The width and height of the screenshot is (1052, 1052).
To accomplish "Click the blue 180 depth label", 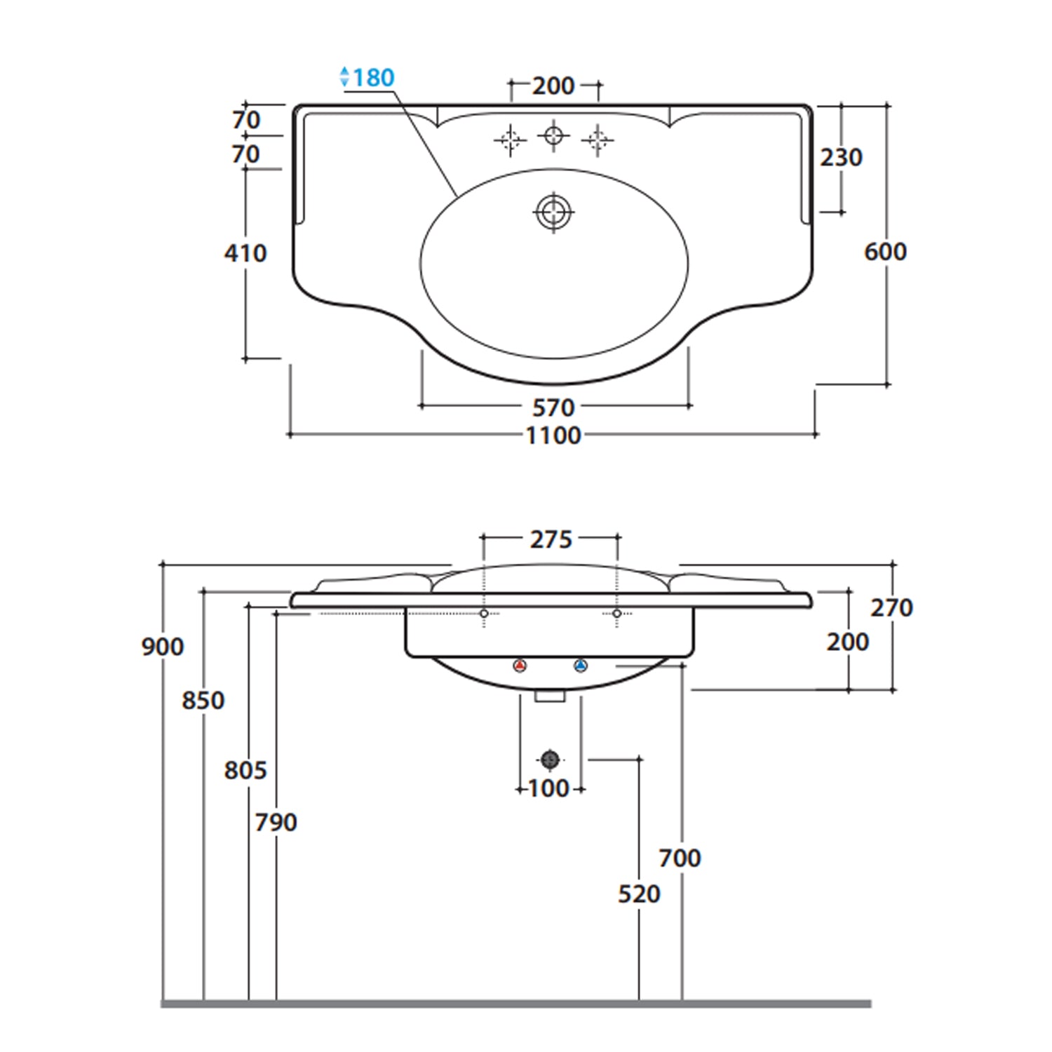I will click(x=372, y=77).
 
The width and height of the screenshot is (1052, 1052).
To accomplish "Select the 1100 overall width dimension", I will click(x=553, y=436).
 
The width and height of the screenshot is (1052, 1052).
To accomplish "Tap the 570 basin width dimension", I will click(x=553, y=407).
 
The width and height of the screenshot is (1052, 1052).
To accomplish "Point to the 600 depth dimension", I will click(x=885, y=251).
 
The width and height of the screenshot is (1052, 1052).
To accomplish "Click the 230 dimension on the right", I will click(x=841, y=157).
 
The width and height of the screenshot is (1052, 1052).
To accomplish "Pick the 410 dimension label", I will click(x=245, y=252).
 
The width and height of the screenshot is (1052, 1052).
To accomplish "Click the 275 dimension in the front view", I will click(x=551, y=539).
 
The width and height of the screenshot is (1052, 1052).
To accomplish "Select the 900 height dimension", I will click(x=163, y=646).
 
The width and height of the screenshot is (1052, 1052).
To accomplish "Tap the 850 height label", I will click(x=203, y=700).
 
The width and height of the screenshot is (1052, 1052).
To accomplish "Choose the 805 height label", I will click(x=245, y=770).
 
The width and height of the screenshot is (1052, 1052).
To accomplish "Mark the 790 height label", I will click(x=276, y=822).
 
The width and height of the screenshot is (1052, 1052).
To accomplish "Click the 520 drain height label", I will click(x=639, y=893).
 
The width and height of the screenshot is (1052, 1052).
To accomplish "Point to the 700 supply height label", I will click(x=680, y=857).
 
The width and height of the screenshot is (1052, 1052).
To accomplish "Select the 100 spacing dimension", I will click(x=548, y=788).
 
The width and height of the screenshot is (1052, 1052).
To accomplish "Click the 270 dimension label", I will click(x=891, y=607).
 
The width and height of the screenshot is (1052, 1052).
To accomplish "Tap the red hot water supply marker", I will click(x=520, y=666).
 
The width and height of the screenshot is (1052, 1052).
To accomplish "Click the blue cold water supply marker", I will click(x=580, y=666).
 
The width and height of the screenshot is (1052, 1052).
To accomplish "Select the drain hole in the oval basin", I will click(x=553, y=211).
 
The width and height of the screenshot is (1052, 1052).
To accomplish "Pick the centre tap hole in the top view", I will click(x=553, y=135).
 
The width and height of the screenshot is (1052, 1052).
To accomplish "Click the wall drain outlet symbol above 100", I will click(x=550, y=759).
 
